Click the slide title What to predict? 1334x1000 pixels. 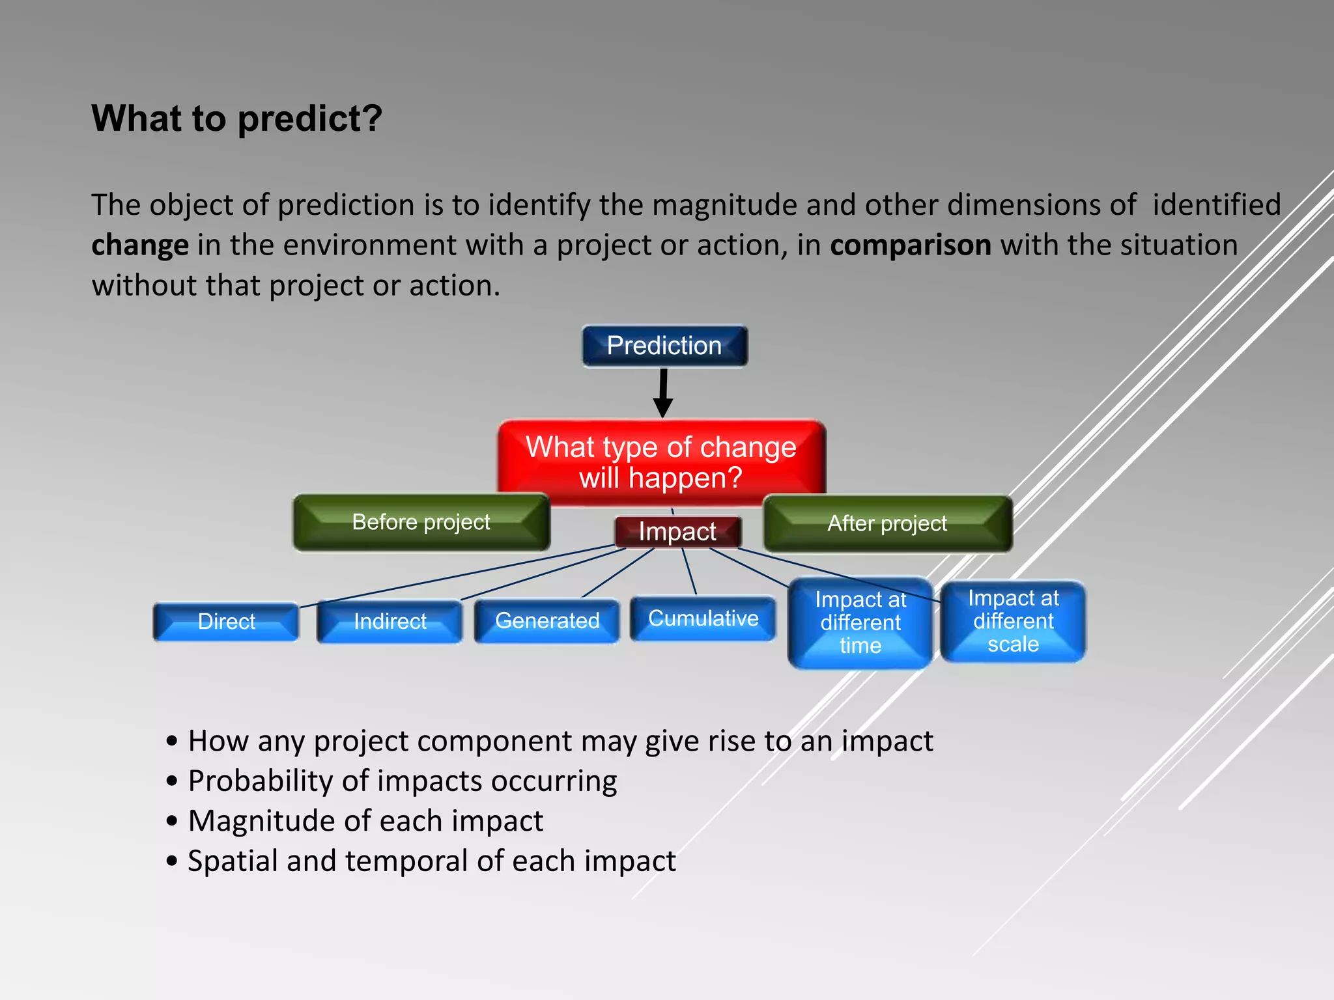click(236, 118)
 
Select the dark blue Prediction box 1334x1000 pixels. click(664, 346)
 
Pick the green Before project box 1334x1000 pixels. click(421, 522)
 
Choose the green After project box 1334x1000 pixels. click(887, 523)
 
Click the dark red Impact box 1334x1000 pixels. click(677, 532)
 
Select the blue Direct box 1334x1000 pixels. click(226, 622)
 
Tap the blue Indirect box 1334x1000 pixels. click(390, 622)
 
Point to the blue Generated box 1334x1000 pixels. click(547, 621)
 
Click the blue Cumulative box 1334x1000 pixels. click(703, 618)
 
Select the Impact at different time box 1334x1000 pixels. click(860, 623)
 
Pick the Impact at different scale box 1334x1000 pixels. click(1013, 621)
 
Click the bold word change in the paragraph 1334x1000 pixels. click(140, 246)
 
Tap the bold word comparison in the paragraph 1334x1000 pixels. click(910, 245)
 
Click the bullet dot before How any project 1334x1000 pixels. click(172, 742)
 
